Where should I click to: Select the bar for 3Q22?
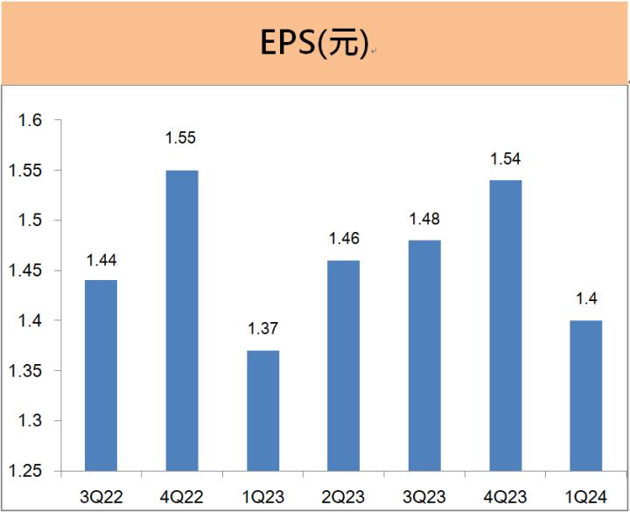(101, 376)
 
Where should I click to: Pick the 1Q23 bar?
(262, 411)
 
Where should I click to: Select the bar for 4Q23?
(505, 326)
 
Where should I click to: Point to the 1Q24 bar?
(585, 396)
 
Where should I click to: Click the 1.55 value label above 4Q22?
(181, 137)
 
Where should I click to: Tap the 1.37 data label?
(262, 328)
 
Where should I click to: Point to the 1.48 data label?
(424, 219)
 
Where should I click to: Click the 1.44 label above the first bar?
(101, 259)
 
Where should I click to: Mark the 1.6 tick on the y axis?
(31, 120)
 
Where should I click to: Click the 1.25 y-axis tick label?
(26, 473)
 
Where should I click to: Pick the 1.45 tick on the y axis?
(26, 271)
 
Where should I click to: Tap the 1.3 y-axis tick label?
(31, 422)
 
